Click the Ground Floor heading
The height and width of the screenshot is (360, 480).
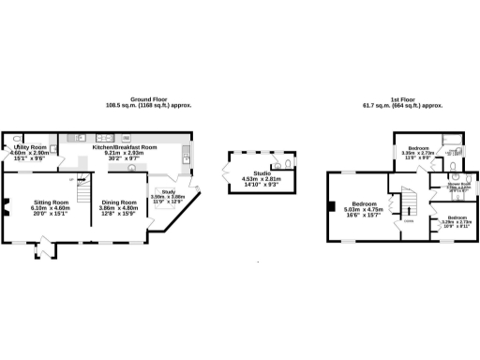pos(148,102)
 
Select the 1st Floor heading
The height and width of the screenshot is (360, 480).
pos(403,102)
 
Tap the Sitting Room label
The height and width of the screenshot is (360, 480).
pos(52,205)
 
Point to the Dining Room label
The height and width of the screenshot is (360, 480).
pos(119,205)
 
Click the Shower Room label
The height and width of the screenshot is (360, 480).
pos(458,186)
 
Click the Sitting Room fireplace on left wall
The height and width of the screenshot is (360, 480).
pos(5,211)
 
